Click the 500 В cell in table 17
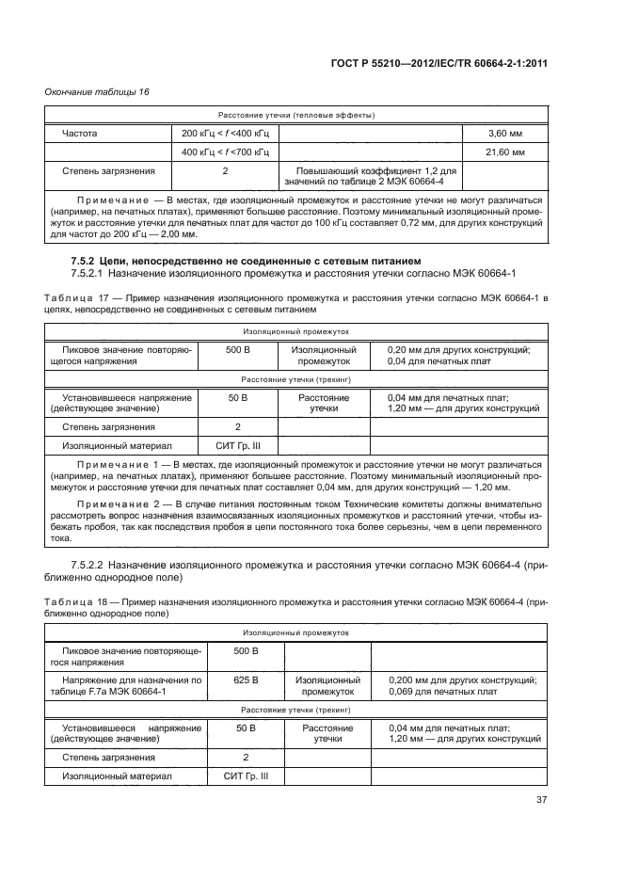(x=237, y=350)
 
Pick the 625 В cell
(x=245, y=679)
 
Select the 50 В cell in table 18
(x=245, y=728)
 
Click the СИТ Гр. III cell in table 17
(x=237, y=445)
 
